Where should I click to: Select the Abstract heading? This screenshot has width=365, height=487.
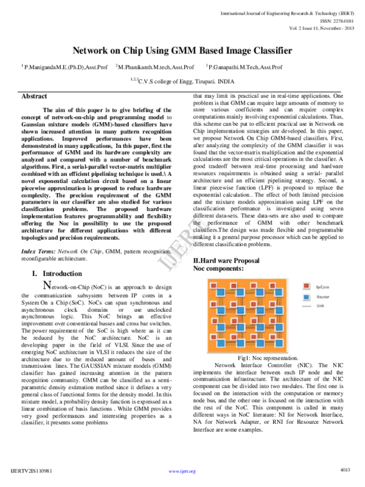point(34,97)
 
